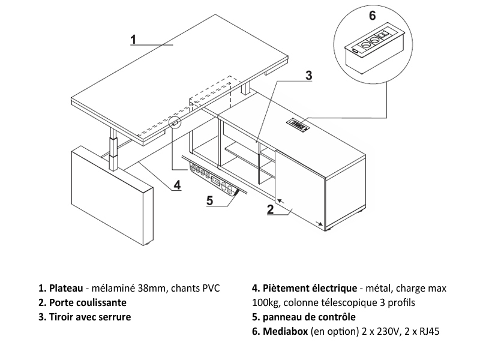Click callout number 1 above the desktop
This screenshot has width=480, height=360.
coord(134,39)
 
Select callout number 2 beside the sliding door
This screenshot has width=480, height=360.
coord(270,209)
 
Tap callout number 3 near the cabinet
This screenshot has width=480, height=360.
coord(308,75)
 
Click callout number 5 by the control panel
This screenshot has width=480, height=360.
coord(210,200)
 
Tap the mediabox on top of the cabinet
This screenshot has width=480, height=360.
coord(298,125)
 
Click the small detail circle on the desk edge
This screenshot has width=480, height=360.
coord(175,123)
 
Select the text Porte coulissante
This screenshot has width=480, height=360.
coord(88,302)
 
